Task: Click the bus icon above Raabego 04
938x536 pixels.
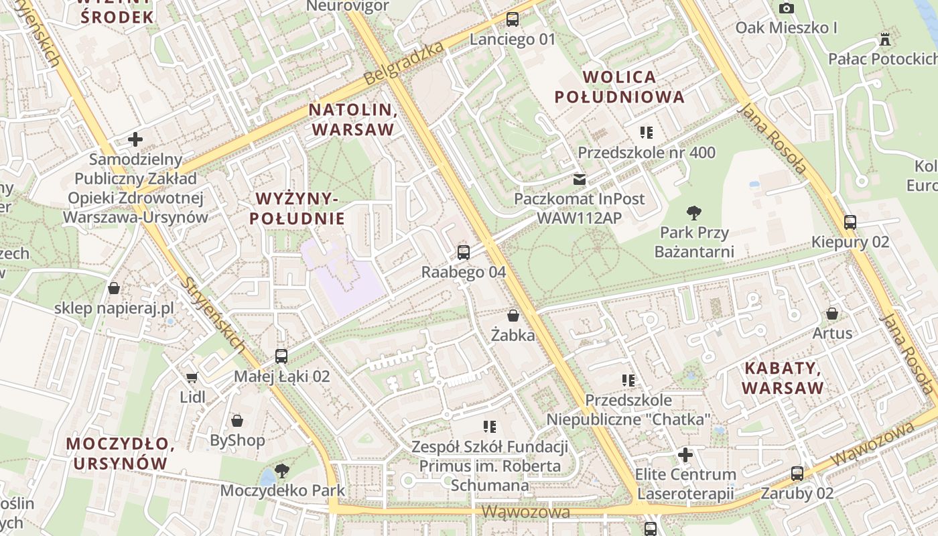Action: click(463, 253)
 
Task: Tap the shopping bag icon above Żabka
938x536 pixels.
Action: click(513, 315)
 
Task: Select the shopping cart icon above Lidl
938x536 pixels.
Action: click(192, 377)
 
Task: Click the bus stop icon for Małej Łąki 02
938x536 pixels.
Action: click(281, 356)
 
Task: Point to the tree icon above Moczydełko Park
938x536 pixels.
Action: click(282, 470)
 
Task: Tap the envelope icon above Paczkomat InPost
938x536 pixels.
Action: click(579, 180)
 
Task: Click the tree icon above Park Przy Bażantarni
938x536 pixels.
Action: click(694, 213)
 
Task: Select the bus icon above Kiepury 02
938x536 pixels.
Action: click(850, 222)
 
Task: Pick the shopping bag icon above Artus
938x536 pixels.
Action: click(832, 313)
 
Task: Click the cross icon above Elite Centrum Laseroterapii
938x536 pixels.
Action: click(685, 456)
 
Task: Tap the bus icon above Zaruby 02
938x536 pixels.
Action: click(797, 474)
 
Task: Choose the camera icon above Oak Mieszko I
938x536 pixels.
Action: click(787, 8)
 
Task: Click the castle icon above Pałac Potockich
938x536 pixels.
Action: click(886, 39)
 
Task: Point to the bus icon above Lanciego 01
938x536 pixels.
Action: click(513, 19)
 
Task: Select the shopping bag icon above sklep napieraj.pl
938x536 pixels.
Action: click(114, 288)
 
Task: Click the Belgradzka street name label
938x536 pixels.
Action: click(404, 64)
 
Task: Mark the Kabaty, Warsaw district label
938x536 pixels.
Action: click(783, 378)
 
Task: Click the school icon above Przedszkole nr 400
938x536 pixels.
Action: click(647, 132)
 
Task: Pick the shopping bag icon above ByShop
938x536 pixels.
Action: click(237, 420)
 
